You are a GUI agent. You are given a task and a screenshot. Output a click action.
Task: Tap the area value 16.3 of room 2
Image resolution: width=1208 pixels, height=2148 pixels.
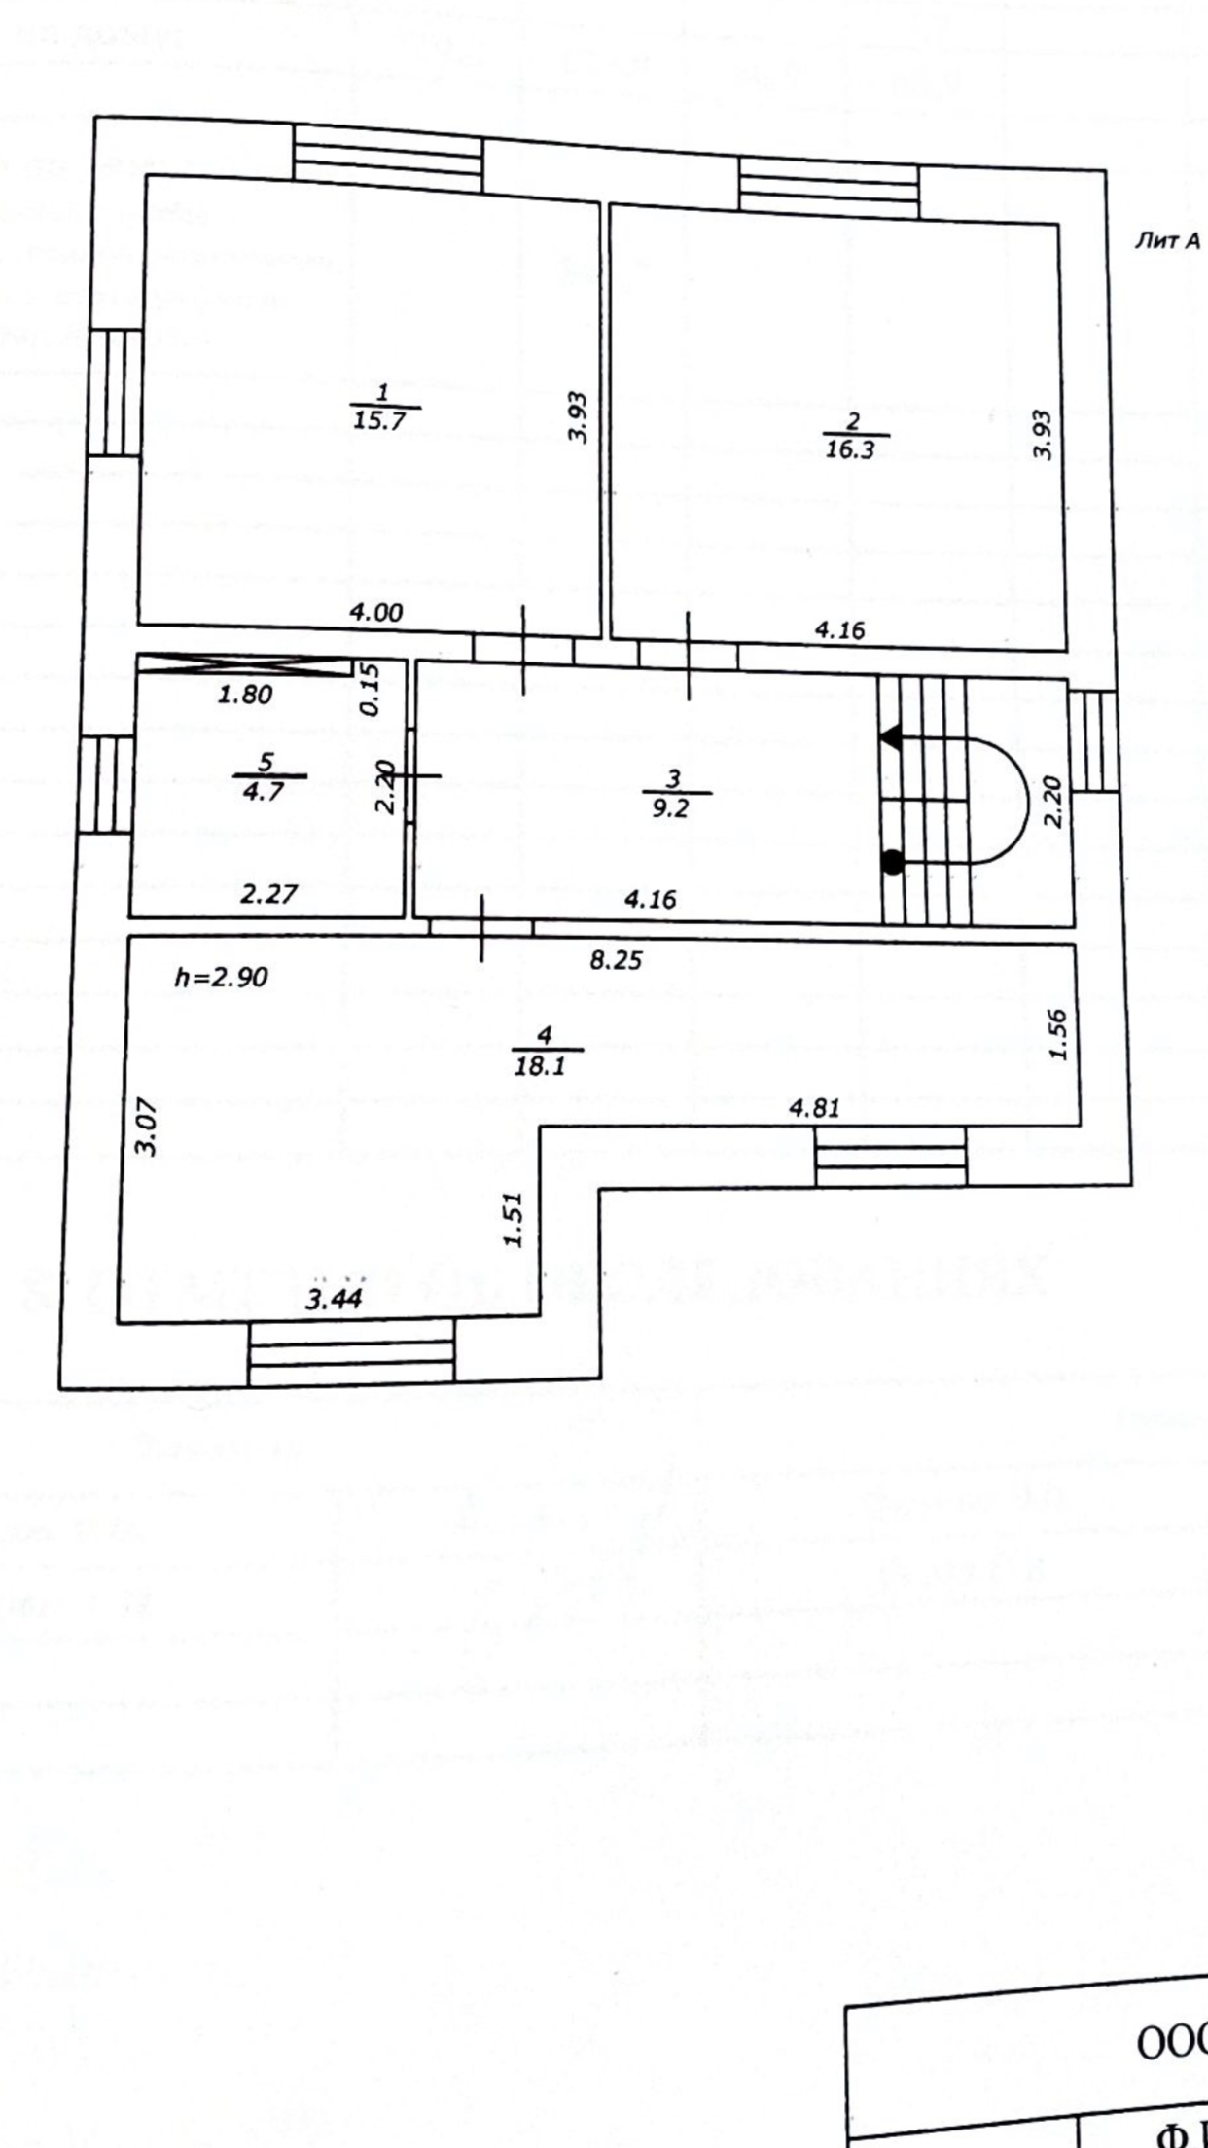850,449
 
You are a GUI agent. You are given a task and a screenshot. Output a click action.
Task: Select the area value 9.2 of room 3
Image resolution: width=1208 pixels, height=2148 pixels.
670,807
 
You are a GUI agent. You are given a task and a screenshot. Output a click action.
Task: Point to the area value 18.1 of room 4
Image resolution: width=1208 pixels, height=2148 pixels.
540,1065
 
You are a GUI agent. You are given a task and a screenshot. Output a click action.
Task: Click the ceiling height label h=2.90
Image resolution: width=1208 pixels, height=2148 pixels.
221,977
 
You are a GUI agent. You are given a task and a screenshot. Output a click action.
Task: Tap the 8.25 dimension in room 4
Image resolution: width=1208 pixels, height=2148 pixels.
616,960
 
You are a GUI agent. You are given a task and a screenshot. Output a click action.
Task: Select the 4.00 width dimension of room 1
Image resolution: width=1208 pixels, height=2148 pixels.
375,612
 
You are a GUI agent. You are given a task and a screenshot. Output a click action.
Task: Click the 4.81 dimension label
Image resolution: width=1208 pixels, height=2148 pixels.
814,1107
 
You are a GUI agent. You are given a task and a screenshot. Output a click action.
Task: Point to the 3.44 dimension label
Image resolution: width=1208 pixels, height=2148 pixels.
334,1299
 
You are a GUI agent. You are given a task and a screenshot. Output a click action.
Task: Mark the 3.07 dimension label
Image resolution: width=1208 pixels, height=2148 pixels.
146,1126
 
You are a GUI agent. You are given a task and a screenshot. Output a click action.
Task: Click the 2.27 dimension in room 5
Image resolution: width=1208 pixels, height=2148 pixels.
268,893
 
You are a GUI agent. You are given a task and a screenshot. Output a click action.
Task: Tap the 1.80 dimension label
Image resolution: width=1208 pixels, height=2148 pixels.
245,695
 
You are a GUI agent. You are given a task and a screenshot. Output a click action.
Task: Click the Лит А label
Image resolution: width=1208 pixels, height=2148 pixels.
1167,241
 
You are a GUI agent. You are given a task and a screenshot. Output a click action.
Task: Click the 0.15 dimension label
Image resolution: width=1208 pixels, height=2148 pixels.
370,689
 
